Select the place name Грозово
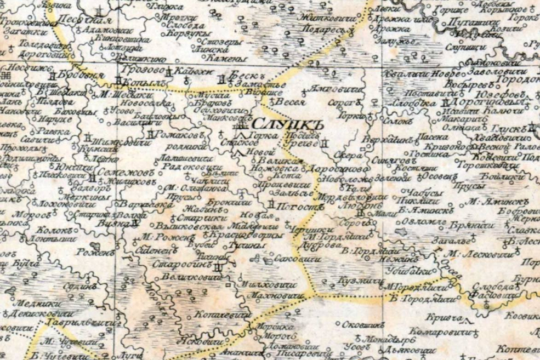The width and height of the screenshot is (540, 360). [141, 71]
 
